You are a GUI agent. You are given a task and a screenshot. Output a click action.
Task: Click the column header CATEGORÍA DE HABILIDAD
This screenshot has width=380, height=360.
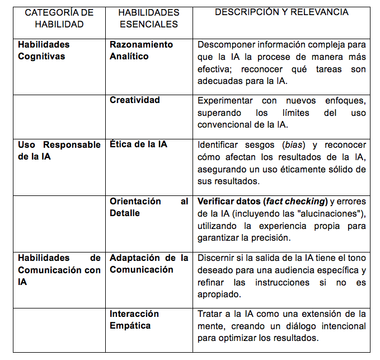tap(59, 18)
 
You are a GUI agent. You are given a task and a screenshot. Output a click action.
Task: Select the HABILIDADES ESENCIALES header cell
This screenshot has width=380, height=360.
tap(149, 18)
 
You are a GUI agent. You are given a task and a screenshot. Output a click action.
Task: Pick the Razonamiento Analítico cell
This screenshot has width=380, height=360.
tap(141, 50)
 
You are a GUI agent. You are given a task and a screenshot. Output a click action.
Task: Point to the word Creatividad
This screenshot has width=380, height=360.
tap(135, 100)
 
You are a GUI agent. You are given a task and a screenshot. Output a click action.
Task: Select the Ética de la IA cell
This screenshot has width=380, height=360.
tap(138, 144)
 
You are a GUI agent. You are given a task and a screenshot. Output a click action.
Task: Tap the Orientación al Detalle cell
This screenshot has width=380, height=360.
tap(149, 207)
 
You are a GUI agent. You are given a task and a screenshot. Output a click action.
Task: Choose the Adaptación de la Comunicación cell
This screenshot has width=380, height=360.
tap(149, 264)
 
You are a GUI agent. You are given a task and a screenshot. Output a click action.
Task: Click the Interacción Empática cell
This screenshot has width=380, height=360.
tap(134, 320)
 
